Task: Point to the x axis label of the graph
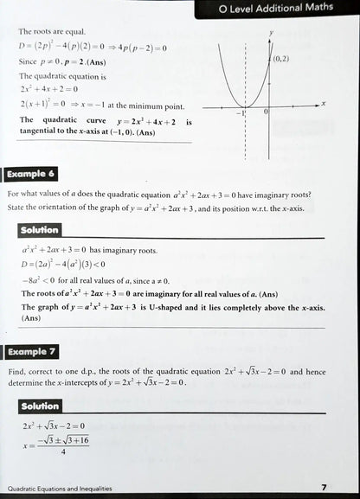(x=323, y=103)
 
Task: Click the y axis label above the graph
(x=271, y=32)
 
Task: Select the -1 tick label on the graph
(x=242, y=112)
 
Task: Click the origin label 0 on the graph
(x=266, y=112)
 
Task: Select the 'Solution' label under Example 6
(x=40, y=230)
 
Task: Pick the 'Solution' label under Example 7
(x=40, y=406)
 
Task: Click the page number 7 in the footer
(x=323, y=489)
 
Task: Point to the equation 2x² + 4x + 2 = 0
(x=49, y=89)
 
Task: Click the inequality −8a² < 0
(x=38, y=281)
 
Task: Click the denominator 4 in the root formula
(x=63, y=451)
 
